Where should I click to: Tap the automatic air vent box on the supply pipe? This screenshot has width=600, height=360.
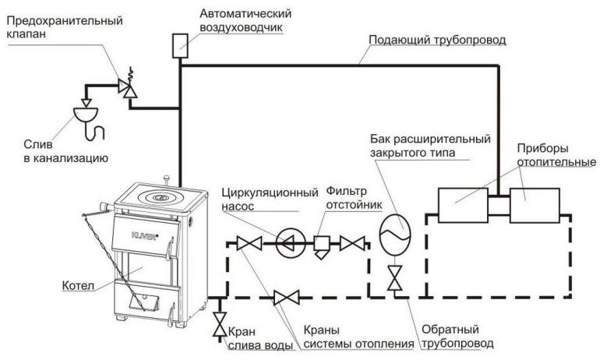click(181, 44)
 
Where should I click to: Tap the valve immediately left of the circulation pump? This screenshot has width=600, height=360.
click(249, 244)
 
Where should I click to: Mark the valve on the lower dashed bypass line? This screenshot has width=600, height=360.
click(287, 297)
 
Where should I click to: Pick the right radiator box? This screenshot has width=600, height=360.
click(536, 204)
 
